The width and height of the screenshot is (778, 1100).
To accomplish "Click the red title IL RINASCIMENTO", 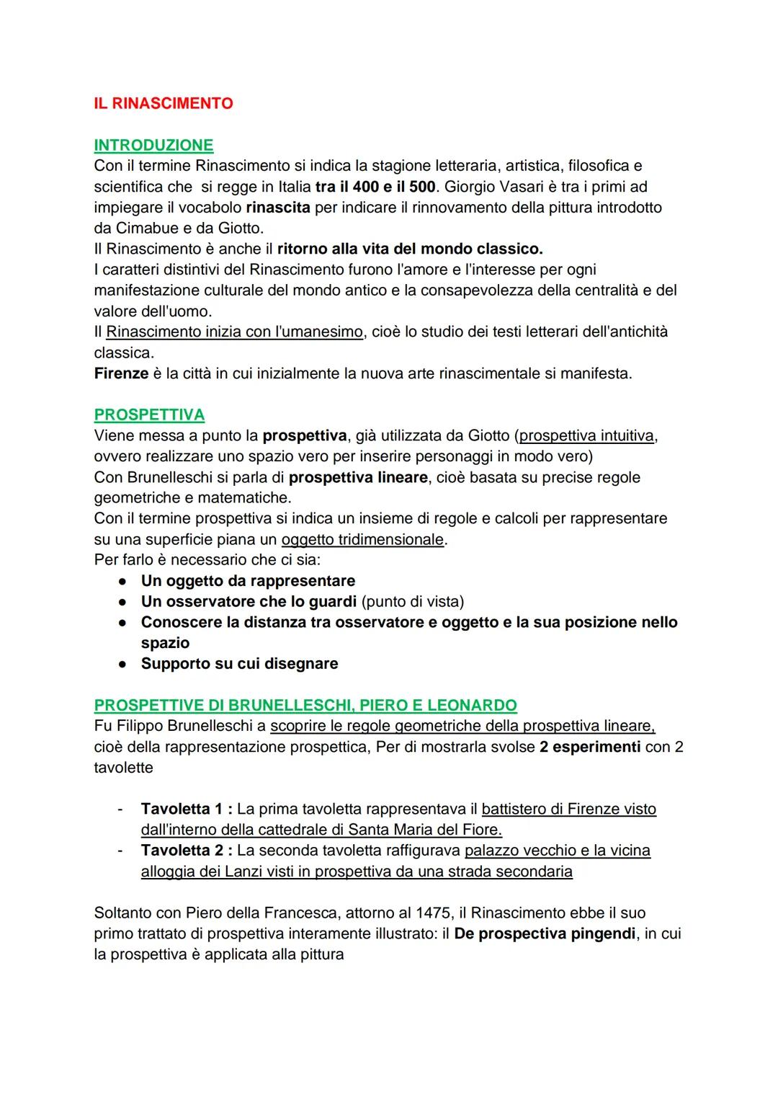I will pos(164,104).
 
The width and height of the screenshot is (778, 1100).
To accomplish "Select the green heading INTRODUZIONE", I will pos(153,146).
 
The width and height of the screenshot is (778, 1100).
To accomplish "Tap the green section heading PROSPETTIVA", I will pos(149,415).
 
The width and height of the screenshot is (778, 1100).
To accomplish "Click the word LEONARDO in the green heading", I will pos(472,705).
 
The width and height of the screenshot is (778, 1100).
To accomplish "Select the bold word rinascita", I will pos(278,208).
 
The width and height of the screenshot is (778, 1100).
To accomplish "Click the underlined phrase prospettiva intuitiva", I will pos(586,436).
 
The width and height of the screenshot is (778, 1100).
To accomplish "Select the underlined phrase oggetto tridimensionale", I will pos(362,540).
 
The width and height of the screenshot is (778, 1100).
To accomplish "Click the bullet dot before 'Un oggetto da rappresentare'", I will pos(123,581).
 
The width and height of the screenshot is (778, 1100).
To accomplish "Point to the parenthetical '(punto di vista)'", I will pos(413,602).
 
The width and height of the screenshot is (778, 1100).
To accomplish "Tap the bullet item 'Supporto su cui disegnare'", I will pos(239,664).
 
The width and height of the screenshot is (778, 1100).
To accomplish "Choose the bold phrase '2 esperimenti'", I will pos(589,747).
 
